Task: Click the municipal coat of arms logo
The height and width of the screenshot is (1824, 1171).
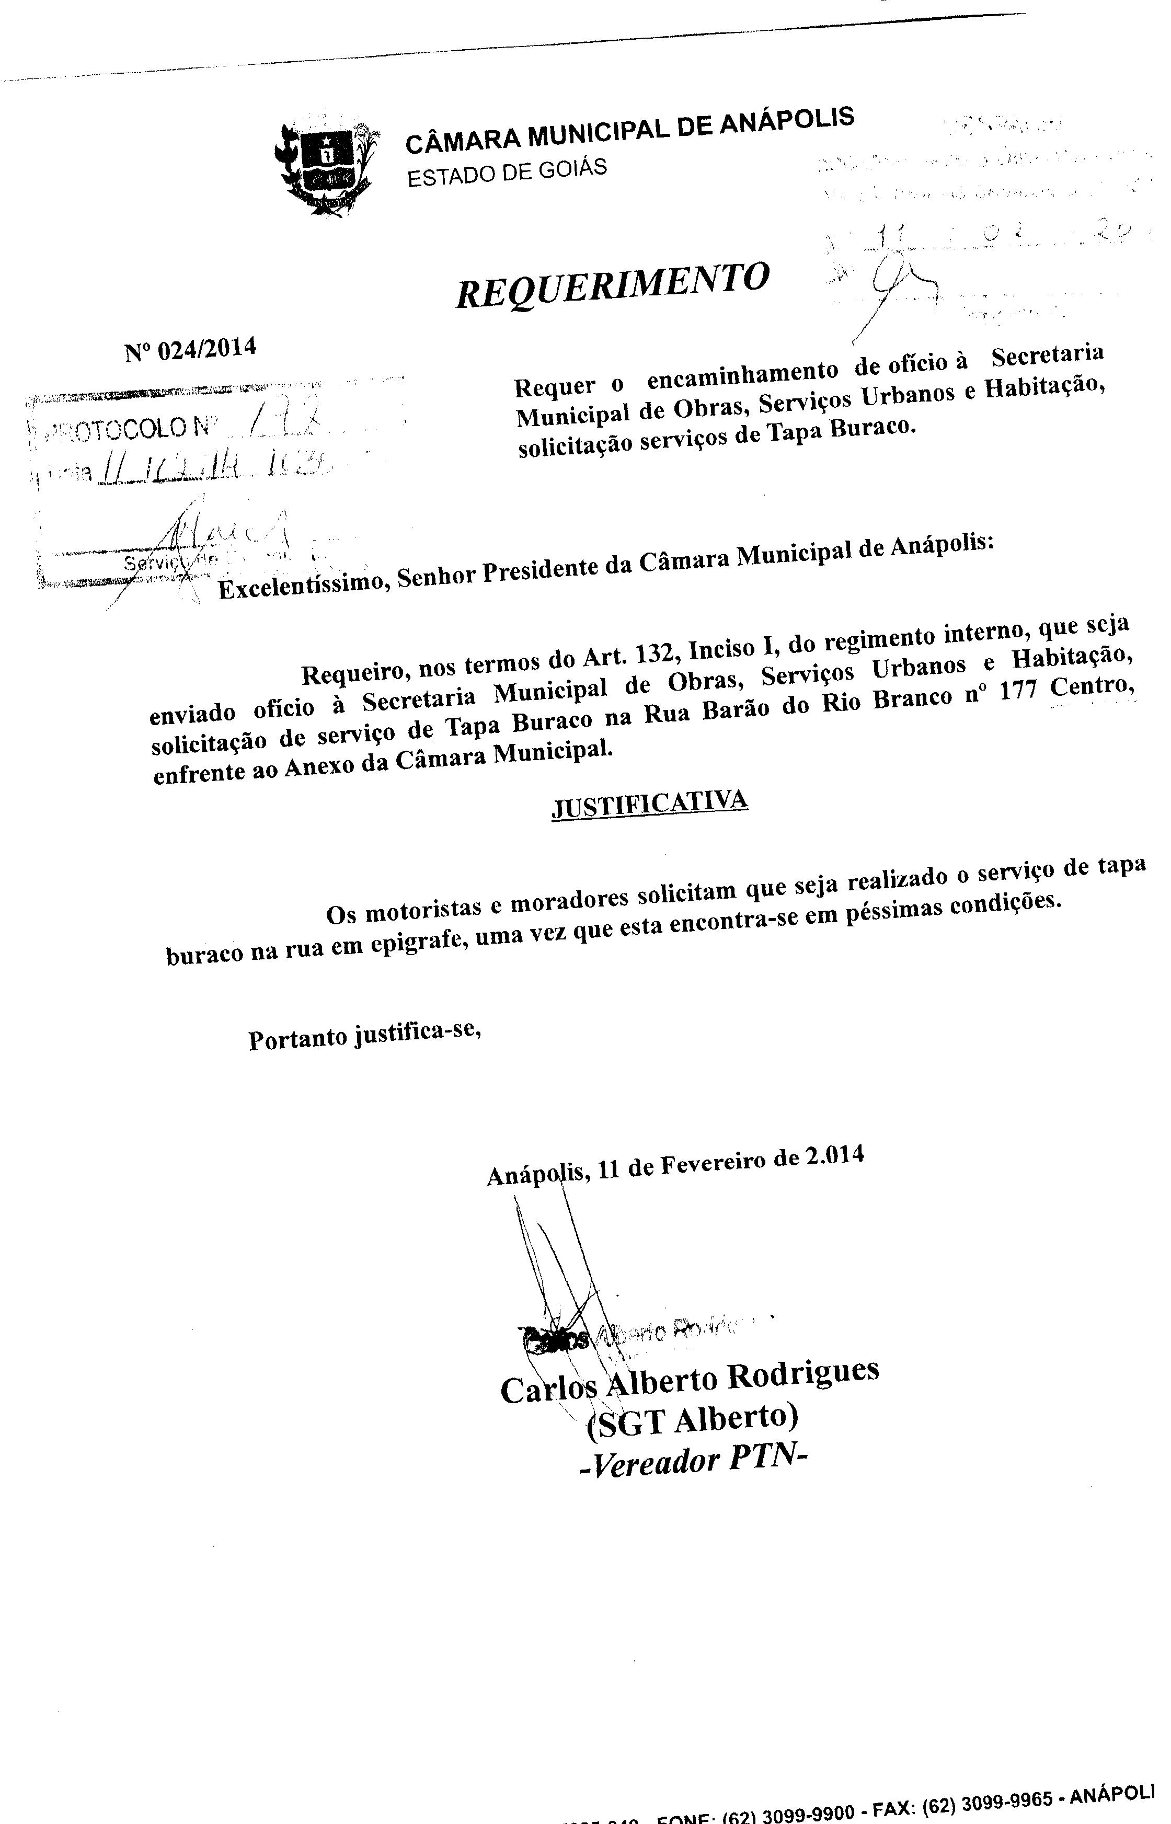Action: point(326,168)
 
